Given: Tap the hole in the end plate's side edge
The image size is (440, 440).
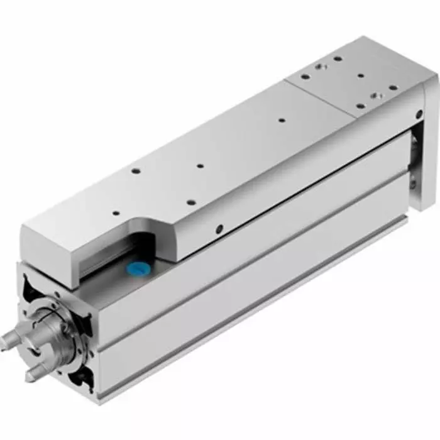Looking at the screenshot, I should click(419, 114).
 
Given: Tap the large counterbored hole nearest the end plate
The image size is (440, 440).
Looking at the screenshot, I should click(375, 96).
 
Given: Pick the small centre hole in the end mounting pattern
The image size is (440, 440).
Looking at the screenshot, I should click(361, 77).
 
